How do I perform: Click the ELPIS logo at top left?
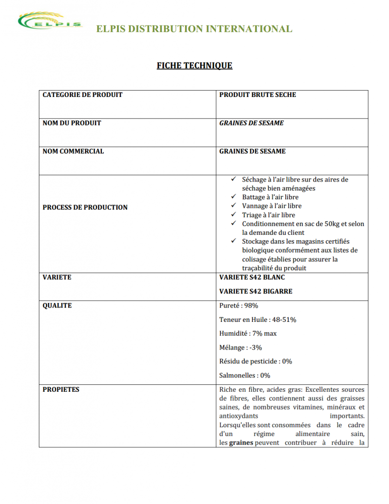(49, 22)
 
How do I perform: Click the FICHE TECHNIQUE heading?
(194, 65)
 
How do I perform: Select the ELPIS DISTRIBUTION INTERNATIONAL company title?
(194, 29)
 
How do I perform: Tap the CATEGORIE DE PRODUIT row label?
(83, 94)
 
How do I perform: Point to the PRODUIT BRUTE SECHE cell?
(258, 94)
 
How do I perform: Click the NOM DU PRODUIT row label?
(72, 123)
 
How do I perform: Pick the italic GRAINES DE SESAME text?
(251, 123)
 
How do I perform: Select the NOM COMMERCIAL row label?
(73, 151)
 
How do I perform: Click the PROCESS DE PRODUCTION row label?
(85, 207)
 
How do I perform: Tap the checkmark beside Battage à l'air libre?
(233, 197)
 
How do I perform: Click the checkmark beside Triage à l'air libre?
(233, 215)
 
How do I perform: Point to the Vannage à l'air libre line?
(271, 206)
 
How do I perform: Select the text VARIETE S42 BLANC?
(252, 277)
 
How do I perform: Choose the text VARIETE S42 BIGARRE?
(256, 291)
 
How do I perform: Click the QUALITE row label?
(57, 306)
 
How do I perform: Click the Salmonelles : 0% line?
(244, 375)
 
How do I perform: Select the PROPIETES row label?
(61, 389)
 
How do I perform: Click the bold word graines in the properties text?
(241, 442)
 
